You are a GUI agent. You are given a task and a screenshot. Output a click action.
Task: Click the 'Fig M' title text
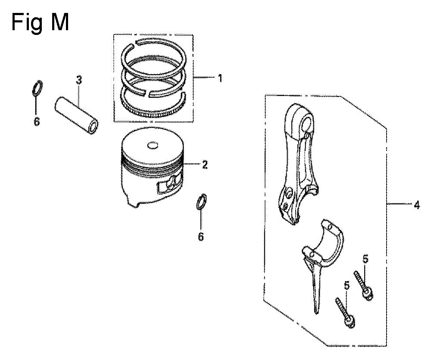click(40, 23)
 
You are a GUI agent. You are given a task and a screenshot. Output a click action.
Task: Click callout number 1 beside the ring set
click(220, 78)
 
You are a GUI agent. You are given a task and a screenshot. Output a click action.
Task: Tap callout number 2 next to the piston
click(205, 165)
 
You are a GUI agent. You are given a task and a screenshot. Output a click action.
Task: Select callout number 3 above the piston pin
click(79, 80)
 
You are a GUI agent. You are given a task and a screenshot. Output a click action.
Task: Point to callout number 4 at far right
click(417, 205)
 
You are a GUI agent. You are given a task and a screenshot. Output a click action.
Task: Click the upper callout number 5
click(365, 259)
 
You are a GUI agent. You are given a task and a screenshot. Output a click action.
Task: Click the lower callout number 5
click(347, 285)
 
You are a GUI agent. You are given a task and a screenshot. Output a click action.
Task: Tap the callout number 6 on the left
click(37, 122)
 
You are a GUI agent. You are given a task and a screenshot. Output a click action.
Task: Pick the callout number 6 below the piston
click(201, 237)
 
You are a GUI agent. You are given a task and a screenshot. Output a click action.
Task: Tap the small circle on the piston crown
click(153, 145)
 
